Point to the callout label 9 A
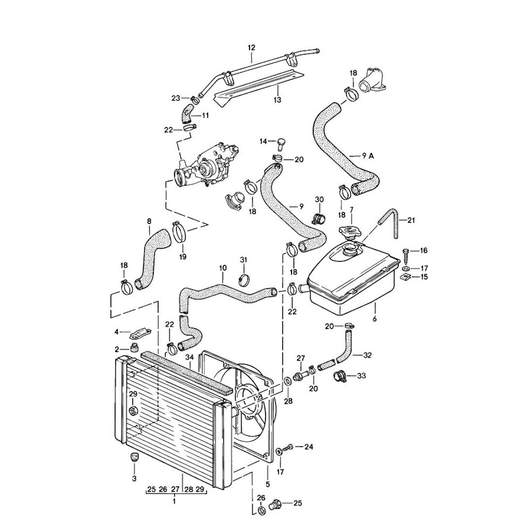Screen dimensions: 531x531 pyautogui.click(x=368, y=156)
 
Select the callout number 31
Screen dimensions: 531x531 pyautogui.click(x=243, y=259)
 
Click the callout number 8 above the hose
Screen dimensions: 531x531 pyautogui.click(x=149, y=220)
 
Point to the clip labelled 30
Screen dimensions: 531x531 pyautogui.click(x=319, y=218)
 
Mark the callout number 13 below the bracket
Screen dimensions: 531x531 pyautogui.click(x=277, y=99)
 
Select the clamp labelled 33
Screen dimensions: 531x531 pyautogui.click(x=340, y=377)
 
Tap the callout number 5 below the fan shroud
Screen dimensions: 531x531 pyautogui.click(x=268, y=484)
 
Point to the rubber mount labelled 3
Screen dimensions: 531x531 pyautogui.click(x=133, y=457)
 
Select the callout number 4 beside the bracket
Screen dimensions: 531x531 pyautogui.click(x=116, y=333)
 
